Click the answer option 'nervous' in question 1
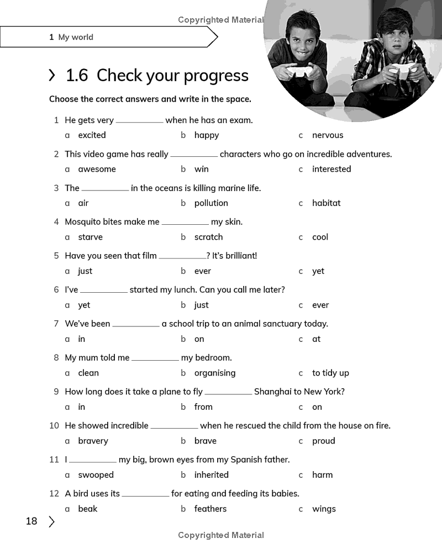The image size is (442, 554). click(x=327, y=135)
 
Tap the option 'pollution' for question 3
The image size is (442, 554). click(x=211, y=203)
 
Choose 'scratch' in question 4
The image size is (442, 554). click(x=208, y=237)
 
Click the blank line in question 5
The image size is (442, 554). click(x=182, y=257)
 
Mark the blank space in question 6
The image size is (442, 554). click(x=104, y=291)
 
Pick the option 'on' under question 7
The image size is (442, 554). click(x=199, y=339)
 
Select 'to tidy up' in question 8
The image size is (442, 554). click(x=330, y=373)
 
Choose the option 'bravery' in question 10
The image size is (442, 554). click(x=93, y=441)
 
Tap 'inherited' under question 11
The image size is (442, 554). click(x=211, y=475)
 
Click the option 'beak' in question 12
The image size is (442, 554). click(x=87, y=509)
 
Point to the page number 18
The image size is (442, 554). click(x=31, y=521)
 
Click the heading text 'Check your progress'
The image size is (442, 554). click(x=172, y=76)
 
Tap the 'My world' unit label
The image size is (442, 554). click(x=75, y=38)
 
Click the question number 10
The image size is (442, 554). click(x=54, y=425)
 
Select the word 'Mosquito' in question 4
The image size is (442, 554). click(x=83, y=221)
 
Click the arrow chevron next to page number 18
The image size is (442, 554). click(x=51, y=521)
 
